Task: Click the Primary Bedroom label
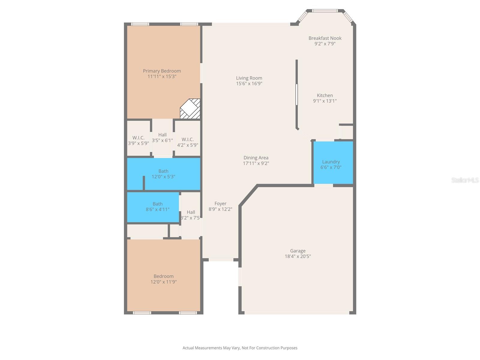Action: [162, 71]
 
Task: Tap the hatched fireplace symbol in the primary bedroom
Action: [190, 109]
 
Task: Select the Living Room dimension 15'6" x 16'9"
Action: [249, 84]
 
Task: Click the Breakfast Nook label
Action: [325, 38]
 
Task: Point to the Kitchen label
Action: [325, 95]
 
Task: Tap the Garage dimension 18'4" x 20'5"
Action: [298, 256]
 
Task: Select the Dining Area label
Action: [256, 158]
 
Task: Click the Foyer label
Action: [220, 204]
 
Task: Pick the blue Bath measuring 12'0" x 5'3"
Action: [163, 174]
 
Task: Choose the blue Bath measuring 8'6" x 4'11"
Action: [157, 207]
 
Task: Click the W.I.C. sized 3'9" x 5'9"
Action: [138, 141]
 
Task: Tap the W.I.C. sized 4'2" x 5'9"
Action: [187, 142]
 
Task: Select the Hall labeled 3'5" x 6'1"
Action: [162, 137]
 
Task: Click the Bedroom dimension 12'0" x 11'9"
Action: [163, 282]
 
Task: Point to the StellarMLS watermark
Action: [465, 180]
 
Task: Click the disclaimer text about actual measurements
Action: [240, 348]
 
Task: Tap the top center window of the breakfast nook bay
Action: [325, 11]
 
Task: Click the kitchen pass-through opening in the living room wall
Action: [297, 94]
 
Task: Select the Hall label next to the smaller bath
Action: [191, 212]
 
